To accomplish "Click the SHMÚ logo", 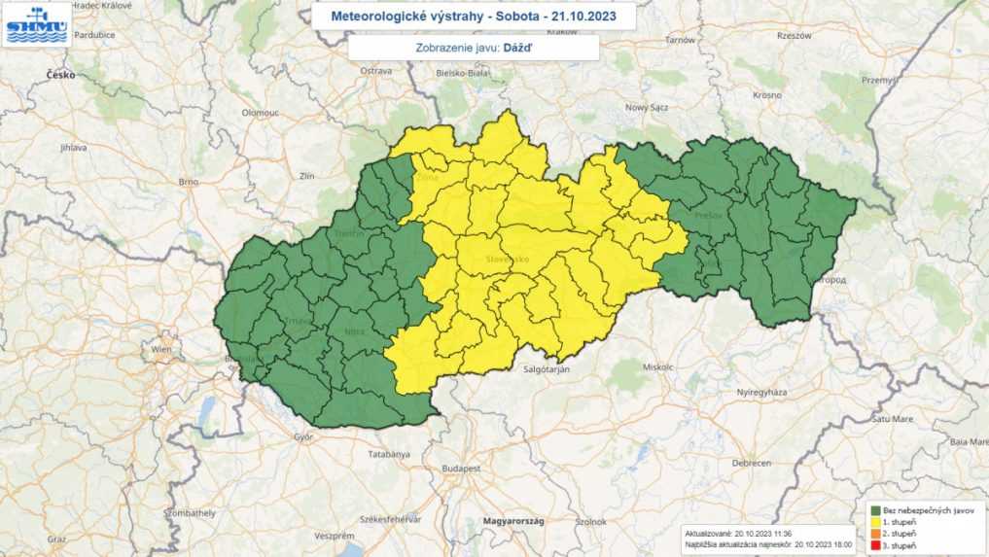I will pyautogui.click(x=37, y=24).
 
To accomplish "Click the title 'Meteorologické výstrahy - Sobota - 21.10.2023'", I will pyautogui.click(x=474, y=17).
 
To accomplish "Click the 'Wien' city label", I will pyautogui.click(x=161, y=348).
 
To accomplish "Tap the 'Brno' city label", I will pyautogui.click(x=189, y=182).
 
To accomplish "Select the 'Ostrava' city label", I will pyautogui.click(x=375, y=71).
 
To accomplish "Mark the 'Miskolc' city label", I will pyautogui.click(x=658, y=367).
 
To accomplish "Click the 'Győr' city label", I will pyautogui.click(x=302, y=437).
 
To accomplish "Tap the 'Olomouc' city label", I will pyautogui.click(x=261, y=113).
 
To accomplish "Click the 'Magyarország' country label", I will pyautogui.click(x=514, y=521).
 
